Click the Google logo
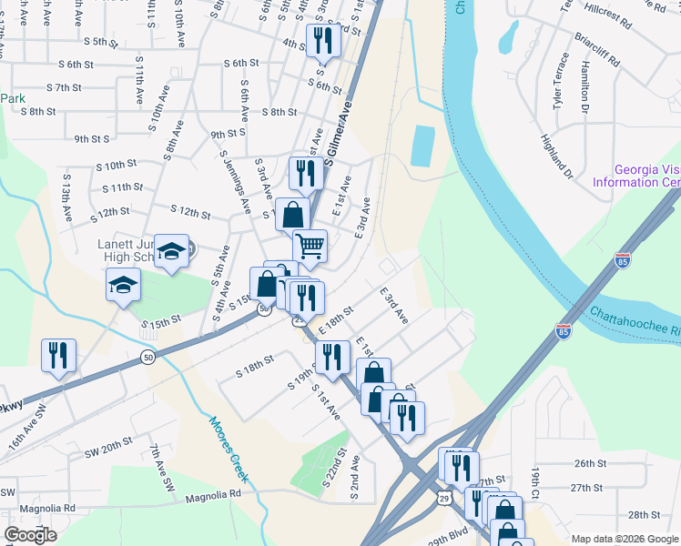[x=30, y=534]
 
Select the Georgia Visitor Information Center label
[x=646, y=176]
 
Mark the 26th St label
[x=590, y=463]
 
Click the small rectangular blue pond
[x=422, y=146]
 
